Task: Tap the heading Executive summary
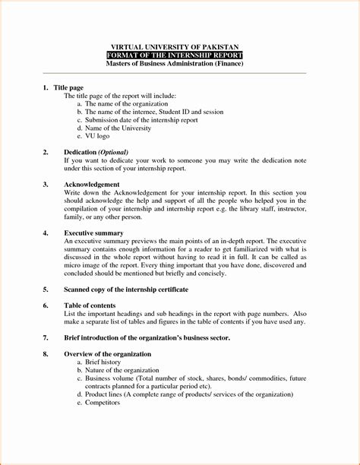94,232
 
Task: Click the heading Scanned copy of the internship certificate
126,289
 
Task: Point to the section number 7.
46,337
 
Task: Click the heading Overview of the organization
108,354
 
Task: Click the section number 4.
46,232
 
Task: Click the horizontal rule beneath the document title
180,73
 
